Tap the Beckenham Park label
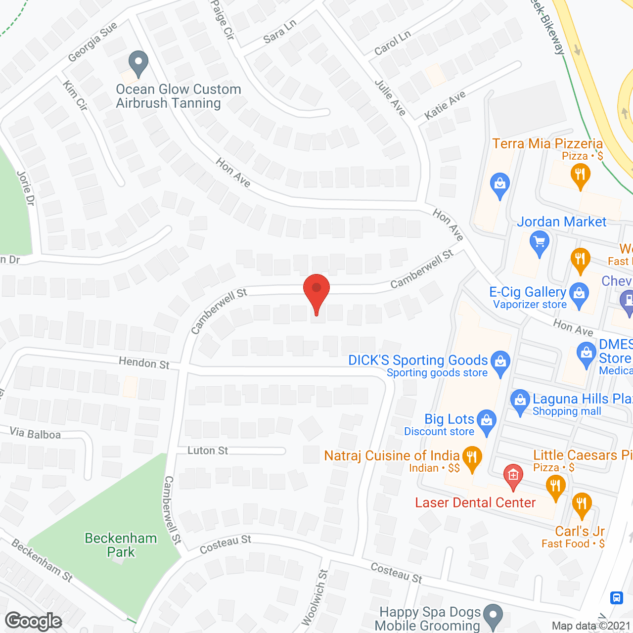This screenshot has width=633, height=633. pos(121,545)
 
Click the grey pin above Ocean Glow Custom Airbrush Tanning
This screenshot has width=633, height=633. pos(138,63)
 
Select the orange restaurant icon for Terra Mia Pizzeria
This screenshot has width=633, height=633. pos(580,176)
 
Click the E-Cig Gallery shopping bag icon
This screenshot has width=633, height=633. pos(579,294)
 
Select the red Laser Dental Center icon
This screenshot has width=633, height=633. pos(513,476)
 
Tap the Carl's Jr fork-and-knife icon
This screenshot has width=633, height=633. pos(581,505)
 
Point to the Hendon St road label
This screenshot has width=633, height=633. pos(144,363)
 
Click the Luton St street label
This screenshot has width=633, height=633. pos(208,451)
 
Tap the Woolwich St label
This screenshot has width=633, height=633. pos(315,597)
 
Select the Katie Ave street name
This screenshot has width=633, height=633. pos(445,105)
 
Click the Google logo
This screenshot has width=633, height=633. pos(34,621)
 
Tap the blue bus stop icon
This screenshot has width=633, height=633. pos(616,597)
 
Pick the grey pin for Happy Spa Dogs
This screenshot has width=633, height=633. pos(493,616)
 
